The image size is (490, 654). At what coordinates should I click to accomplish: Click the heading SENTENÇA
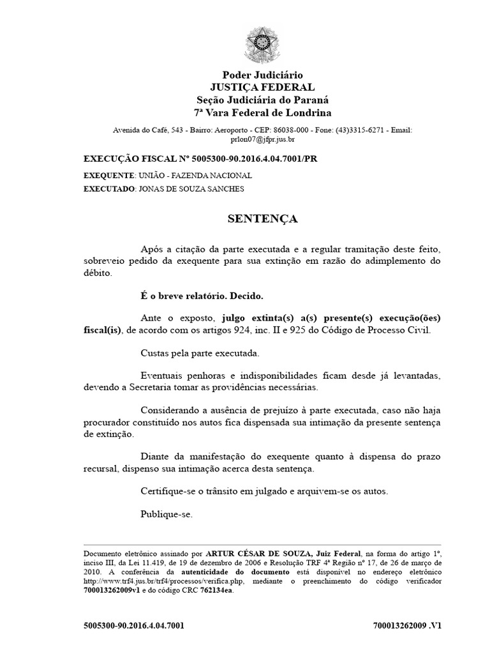[x=263, y=219]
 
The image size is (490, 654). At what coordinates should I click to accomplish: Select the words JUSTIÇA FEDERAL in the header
[x=263, y=87]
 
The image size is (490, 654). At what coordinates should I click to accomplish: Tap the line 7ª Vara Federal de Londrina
[x=263, y=113]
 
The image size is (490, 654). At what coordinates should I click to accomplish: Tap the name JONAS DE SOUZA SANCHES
[x=191, y=189]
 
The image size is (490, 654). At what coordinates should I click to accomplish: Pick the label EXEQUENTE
[x=108, y=175]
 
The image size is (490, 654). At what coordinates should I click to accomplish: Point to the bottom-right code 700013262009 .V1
[x=406, y=625]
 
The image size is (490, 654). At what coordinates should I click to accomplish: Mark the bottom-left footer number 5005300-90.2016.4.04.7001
[x=134, y=625]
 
